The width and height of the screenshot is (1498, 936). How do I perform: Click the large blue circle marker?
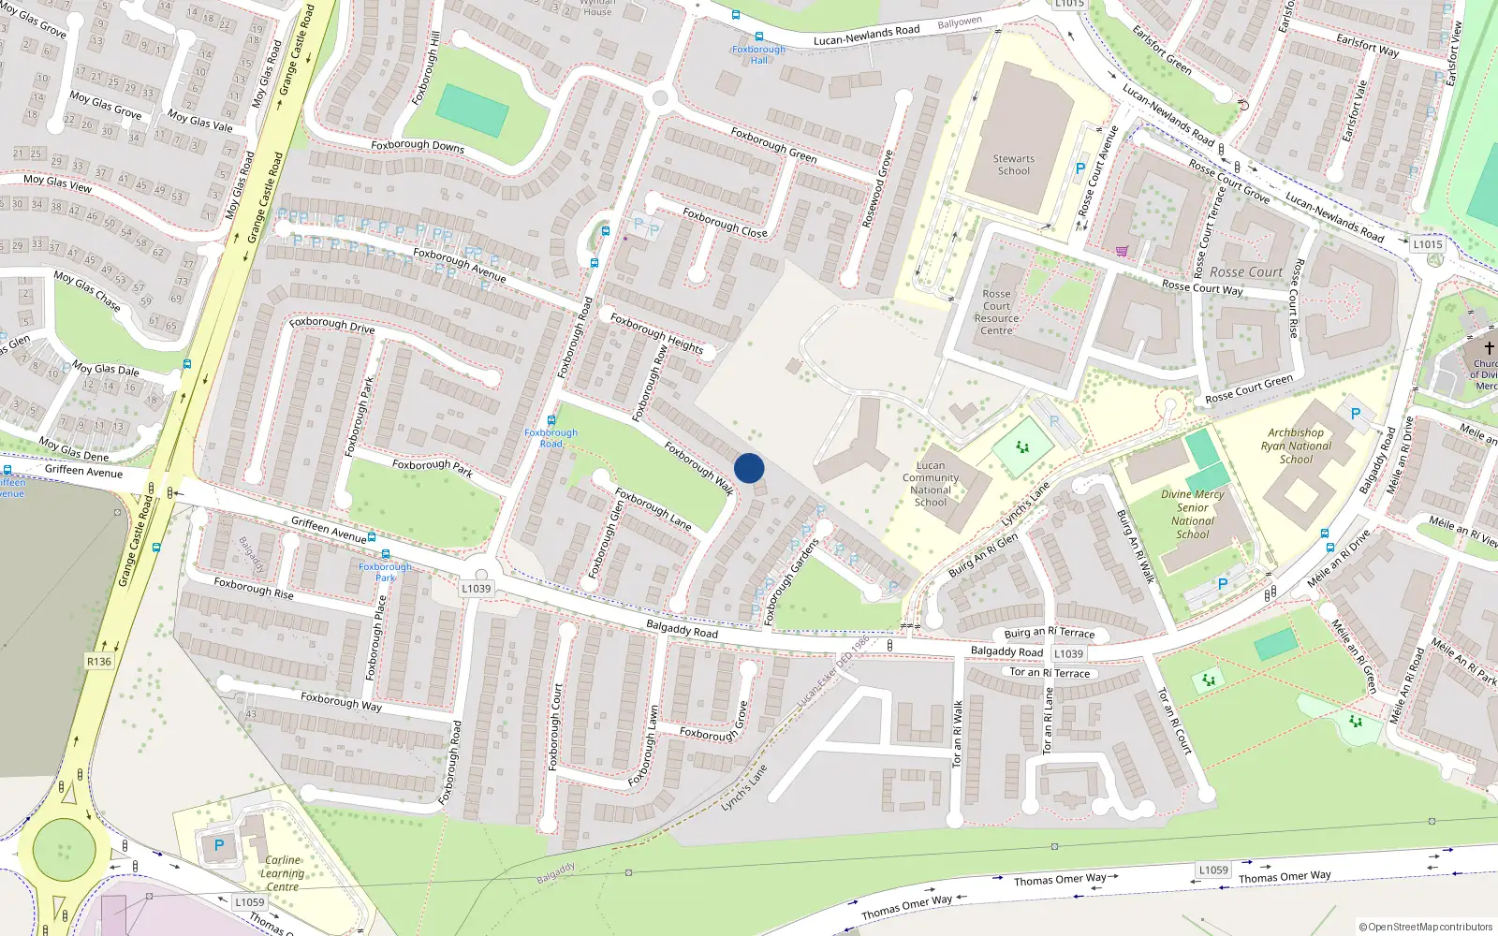[x=749, y=468]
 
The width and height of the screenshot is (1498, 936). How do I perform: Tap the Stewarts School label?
[x=1013, y=165]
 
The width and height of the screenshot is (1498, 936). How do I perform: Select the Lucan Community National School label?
[x=931, y=484]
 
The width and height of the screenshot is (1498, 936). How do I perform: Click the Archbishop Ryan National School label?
[x=1296, y=446]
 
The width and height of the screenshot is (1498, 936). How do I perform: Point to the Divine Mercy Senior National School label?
[x=1193, y=514]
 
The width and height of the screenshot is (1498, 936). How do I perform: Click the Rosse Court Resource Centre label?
[x=996, y=312]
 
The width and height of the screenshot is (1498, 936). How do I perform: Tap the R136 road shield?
[x=98, y=662]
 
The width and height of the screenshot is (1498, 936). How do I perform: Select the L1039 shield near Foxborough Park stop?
[x=476, y=589]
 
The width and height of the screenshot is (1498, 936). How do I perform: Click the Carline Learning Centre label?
[x=282, y=873]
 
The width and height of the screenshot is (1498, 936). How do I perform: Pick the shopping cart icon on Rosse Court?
[x=1122, y=251]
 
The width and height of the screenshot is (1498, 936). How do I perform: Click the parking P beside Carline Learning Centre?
[x=219, y=845]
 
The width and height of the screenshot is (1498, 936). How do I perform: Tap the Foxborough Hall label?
[x=758, y=54]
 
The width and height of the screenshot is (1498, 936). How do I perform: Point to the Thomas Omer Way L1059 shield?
[x=1213, y=870]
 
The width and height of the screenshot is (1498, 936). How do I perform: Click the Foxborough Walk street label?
[x=698, y=467]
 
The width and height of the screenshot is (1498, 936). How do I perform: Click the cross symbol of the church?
[x=1489, y=347]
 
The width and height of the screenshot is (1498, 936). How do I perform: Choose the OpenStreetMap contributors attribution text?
[x=1426, y=928]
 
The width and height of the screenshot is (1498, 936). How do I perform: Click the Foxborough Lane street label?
[x=654, y=509]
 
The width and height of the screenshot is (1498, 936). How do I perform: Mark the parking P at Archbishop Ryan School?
[x=1355, y=413]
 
